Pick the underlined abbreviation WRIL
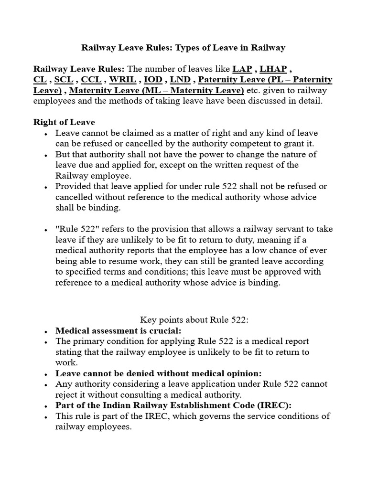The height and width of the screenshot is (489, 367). (x=125, y=79)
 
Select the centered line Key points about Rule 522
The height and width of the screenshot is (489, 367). (x=194, y=319)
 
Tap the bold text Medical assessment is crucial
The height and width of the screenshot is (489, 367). (x=119, y=330)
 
